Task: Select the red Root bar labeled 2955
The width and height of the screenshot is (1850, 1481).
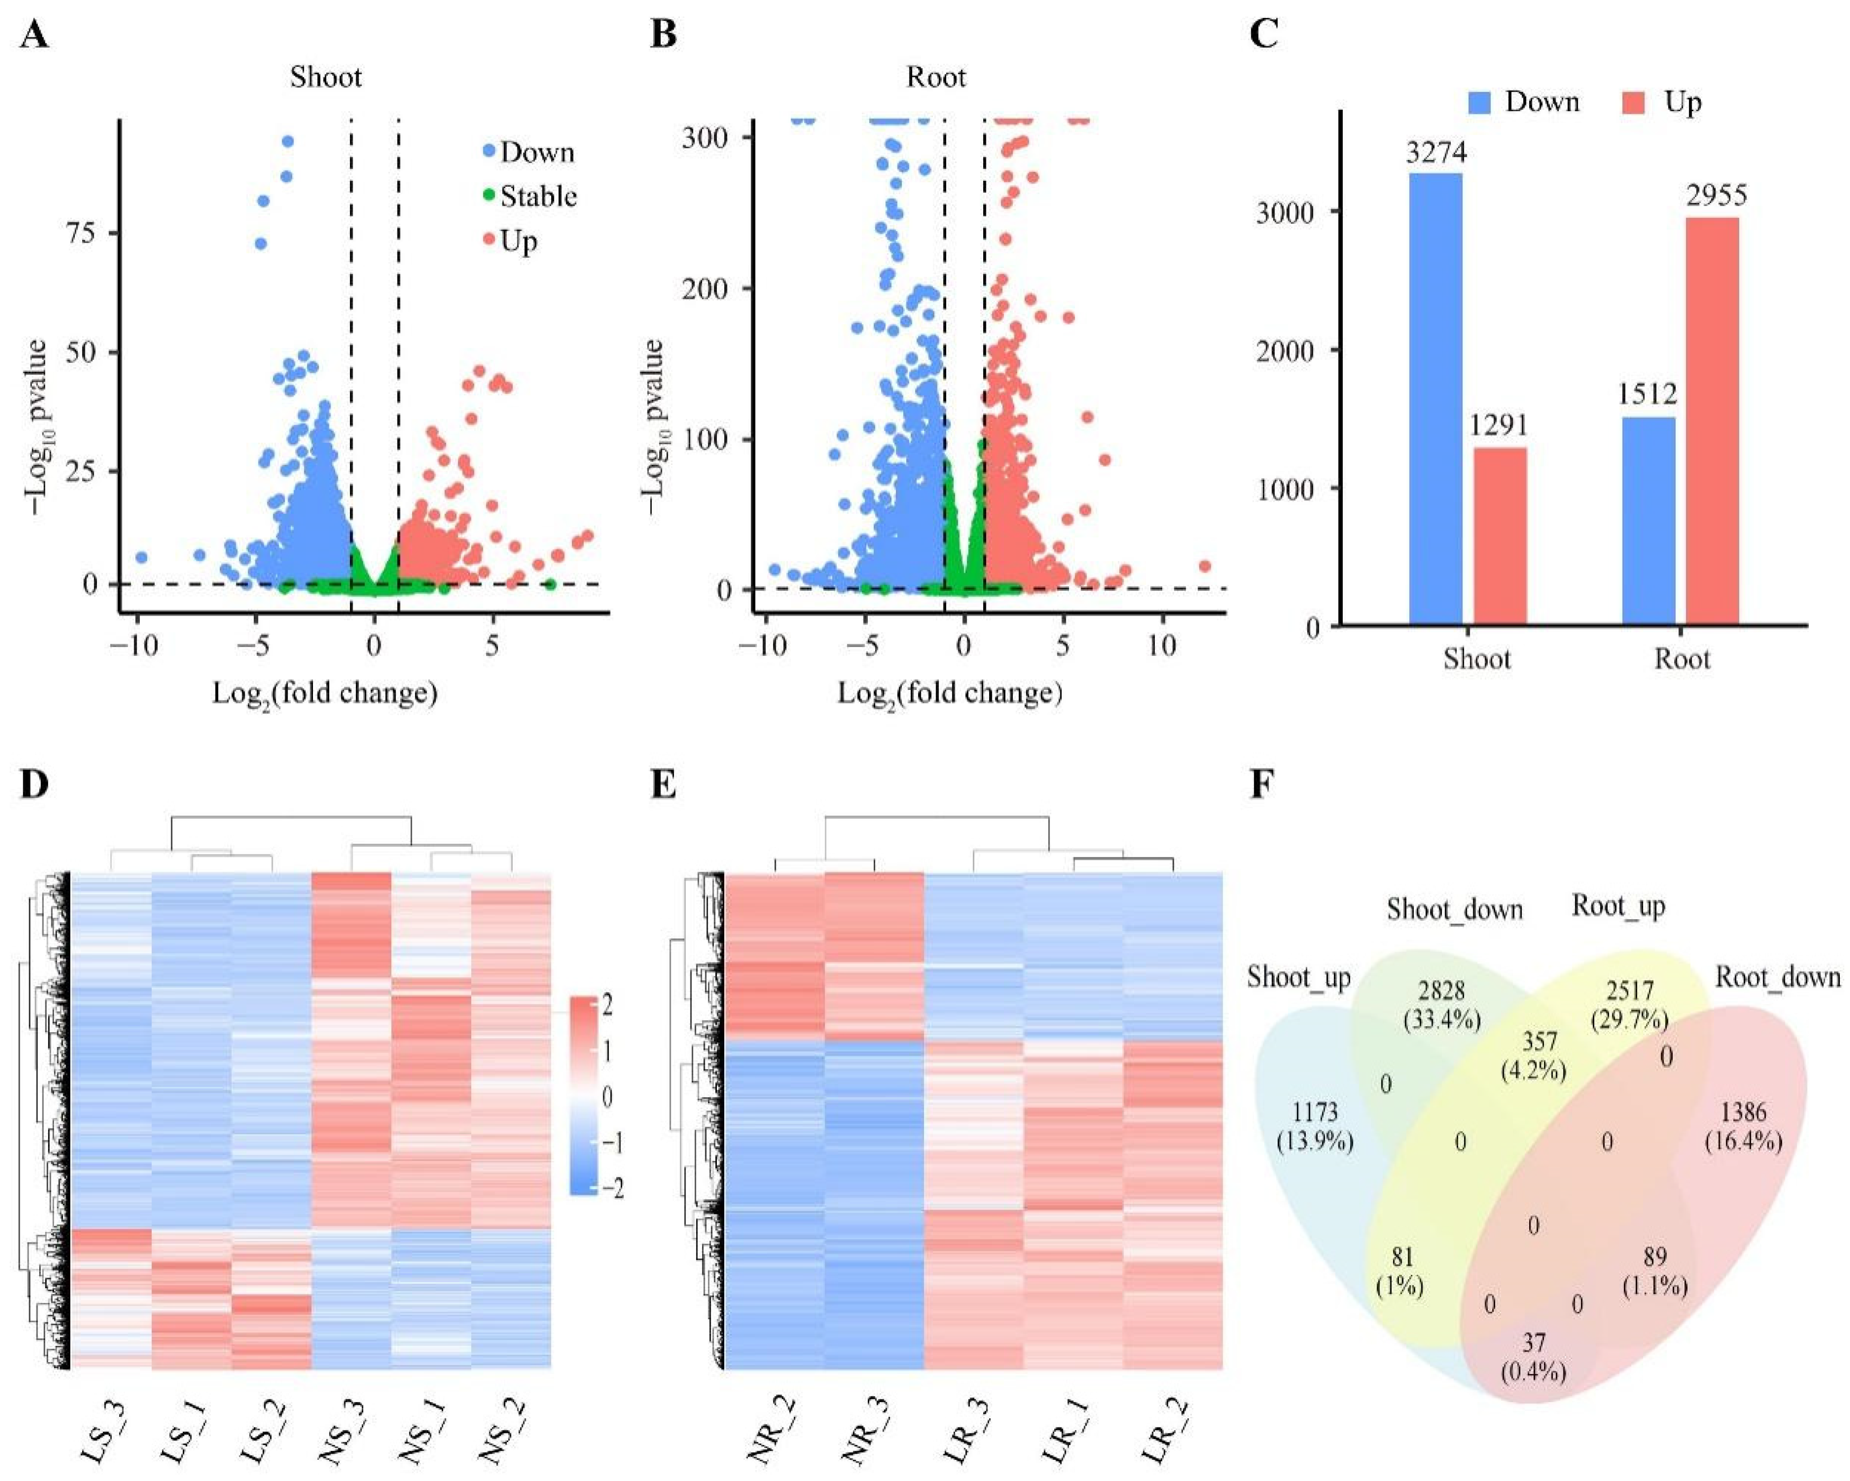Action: point(1712,420)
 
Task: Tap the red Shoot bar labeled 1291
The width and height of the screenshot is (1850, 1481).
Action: point(1500,536)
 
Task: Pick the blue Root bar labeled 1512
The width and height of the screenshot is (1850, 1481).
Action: point(1648,521)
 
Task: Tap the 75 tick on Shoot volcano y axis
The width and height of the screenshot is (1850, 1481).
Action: point(82,233)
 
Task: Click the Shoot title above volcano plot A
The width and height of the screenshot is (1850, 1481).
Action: point(326,77)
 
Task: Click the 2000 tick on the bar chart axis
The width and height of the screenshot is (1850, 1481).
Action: point(1285,351)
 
